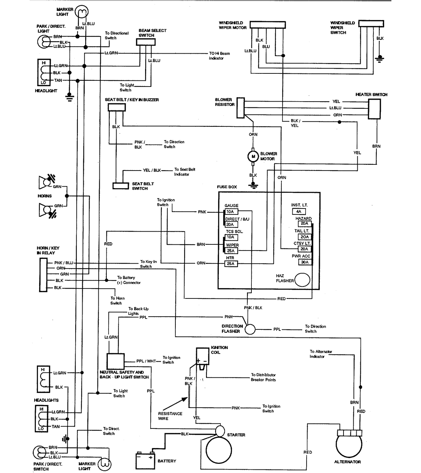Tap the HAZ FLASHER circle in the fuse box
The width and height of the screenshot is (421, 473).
pyautogui.click(x=302, y=280)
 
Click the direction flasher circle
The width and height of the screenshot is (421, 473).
pyautogui.click(x=250, y=329)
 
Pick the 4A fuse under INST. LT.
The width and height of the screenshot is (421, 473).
pyautogui.click(x=299, y=211)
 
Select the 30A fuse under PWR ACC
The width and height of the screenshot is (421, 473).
pyautogui.click(x=305, y=262)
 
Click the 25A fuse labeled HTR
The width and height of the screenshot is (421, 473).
pyautogui.click(x=230, y=264)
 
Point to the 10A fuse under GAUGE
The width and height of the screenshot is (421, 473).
pyautogui.click(x=230, y=212)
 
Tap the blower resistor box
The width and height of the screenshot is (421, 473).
pyautogui.click(x=240, y=108)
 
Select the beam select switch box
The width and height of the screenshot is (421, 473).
pyautogui.click(x=145, y=42)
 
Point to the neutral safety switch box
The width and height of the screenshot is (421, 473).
pyautogui.click(x=116, y=361)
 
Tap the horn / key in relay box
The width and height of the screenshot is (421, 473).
pyautogui.click(x=43, y=275)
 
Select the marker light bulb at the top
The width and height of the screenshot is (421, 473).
pyautogui.click(x=81, y=12)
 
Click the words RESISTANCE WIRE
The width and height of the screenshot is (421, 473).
pyautogui.click(x=170, y=416)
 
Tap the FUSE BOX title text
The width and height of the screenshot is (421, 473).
pyautogui.click(x=227, y=187)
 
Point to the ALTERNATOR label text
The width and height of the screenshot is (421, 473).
pyautogui.click(x=347, y=462)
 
